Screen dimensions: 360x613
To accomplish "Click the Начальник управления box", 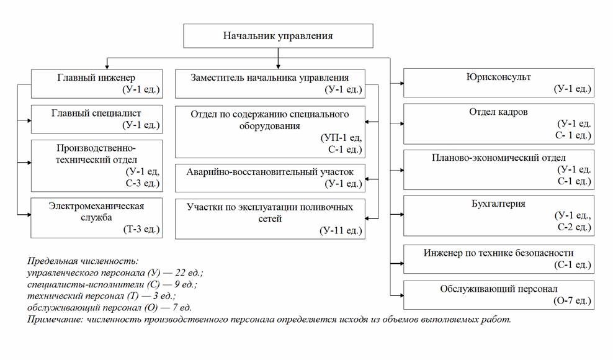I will (278, 35).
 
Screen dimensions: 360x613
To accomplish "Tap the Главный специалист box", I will (97, 119).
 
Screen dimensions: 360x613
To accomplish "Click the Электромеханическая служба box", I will (97, 217).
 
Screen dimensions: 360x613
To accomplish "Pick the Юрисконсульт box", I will (498, 83).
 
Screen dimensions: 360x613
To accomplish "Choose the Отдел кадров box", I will (498, 124).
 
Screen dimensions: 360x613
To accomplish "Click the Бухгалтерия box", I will (498, 215).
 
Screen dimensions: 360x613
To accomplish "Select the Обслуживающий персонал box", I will (498, 295).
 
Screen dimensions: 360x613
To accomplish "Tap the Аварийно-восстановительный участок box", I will (270, 177).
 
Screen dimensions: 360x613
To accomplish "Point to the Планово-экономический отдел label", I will (499, 158).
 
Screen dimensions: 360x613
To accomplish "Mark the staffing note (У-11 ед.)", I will (341, 231).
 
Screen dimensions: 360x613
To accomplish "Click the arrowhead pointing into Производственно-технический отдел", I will (29, 163).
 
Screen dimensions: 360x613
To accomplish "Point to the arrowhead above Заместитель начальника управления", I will (277, 66).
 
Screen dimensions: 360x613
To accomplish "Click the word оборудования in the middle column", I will (269, 125).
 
